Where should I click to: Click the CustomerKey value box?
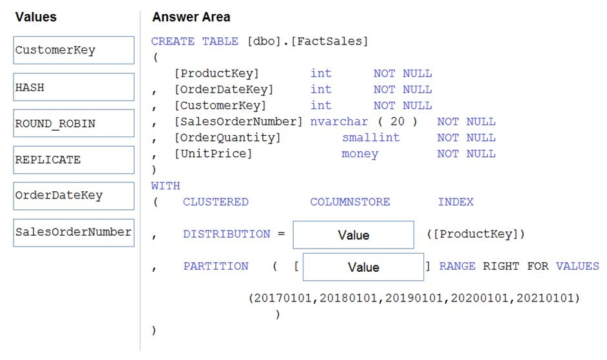(73, 50)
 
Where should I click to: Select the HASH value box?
(73, 87)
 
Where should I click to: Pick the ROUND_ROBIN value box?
(73, 123)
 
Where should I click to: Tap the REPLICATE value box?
(73, 160)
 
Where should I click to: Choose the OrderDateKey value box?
(73, 196)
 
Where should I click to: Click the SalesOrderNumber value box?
(73, 232)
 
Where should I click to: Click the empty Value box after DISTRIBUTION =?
(353, 234)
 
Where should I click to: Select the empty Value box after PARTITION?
(363, 267)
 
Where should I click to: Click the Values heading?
(36, 17)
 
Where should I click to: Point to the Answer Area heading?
(191, 17)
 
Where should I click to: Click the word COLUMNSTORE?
(350, 202)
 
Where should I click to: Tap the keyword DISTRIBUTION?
(226, 234)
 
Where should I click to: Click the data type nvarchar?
(339, 122)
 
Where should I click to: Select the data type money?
(360, 154)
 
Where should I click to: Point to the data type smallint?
(371, 137)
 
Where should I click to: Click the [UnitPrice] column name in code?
(213, 154)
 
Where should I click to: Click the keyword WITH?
(166, 186)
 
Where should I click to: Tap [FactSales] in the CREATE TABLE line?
(329, 41)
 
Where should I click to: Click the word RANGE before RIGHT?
(458, 267)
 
